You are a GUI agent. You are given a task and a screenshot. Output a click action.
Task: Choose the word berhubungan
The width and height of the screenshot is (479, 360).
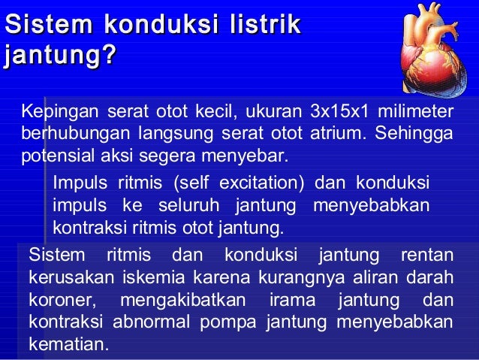click(60, 135)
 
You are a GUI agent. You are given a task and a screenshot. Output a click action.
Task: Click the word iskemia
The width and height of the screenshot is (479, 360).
click(146, 277)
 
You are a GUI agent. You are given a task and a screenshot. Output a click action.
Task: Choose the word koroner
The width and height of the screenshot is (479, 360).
click(62, 300)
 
